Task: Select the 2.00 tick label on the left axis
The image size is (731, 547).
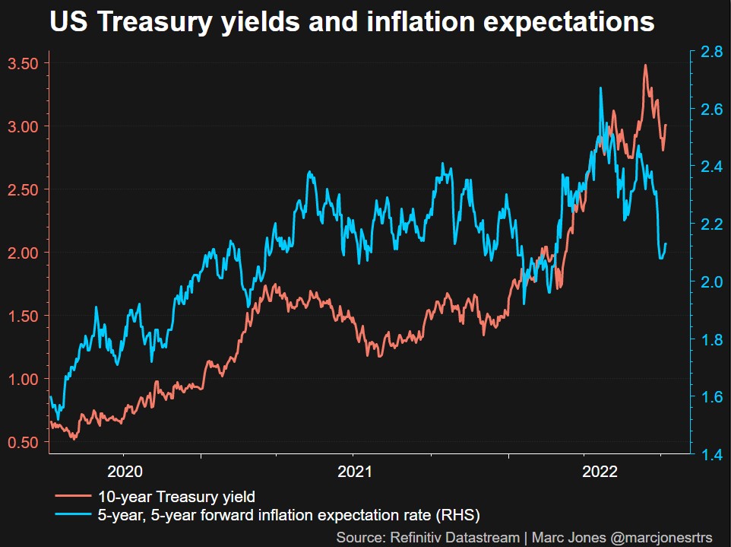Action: (x=23, y=253)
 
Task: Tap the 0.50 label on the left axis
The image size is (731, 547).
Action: (x=23, y=442)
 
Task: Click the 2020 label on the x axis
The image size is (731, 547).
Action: (x=125, y=470)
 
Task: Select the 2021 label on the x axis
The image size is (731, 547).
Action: (x=354, y=470)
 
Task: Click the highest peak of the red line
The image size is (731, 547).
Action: (x=645, y=65)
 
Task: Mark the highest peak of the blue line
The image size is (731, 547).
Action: (x=600, y=88)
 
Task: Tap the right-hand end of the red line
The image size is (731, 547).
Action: (x=666, y=126)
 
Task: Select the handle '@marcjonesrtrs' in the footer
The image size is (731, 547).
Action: (x=661, y=538)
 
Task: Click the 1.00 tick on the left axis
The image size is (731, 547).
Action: (x=23, y=379)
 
